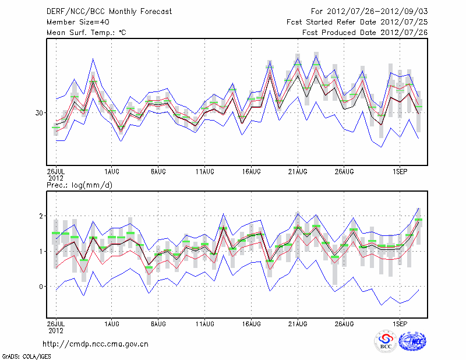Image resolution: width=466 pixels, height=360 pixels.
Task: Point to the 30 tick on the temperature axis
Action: (x=39, y=112)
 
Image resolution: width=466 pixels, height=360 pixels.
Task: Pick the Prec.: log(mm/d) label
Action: (x=80, y=185)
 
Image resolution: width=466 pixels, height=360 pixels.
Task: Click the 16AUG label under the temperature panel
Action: (x=252, y=172)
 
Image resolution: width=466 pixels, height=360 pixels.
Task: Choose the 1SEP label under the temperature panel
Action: (x=400, y=172)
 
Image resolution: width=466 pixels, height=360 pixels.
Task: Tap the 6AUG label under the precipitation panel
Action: (x=158, y=322)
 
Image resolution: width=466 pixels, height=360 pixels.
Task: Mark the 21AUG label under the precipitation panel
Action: (x=298, y=322)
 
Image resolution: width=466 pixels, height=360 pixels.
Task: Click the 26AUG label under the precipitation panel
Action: (x=344, y=322)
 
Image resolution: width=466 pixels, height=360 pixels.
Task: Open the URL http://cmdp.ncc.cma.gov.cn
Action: (x=96, y=344)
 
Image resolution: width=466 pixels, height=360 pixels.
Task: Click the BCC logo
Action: (x=386, y=341)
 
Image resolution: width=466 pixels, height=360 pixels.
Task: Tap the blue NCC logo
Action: (x=412, y=341)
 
